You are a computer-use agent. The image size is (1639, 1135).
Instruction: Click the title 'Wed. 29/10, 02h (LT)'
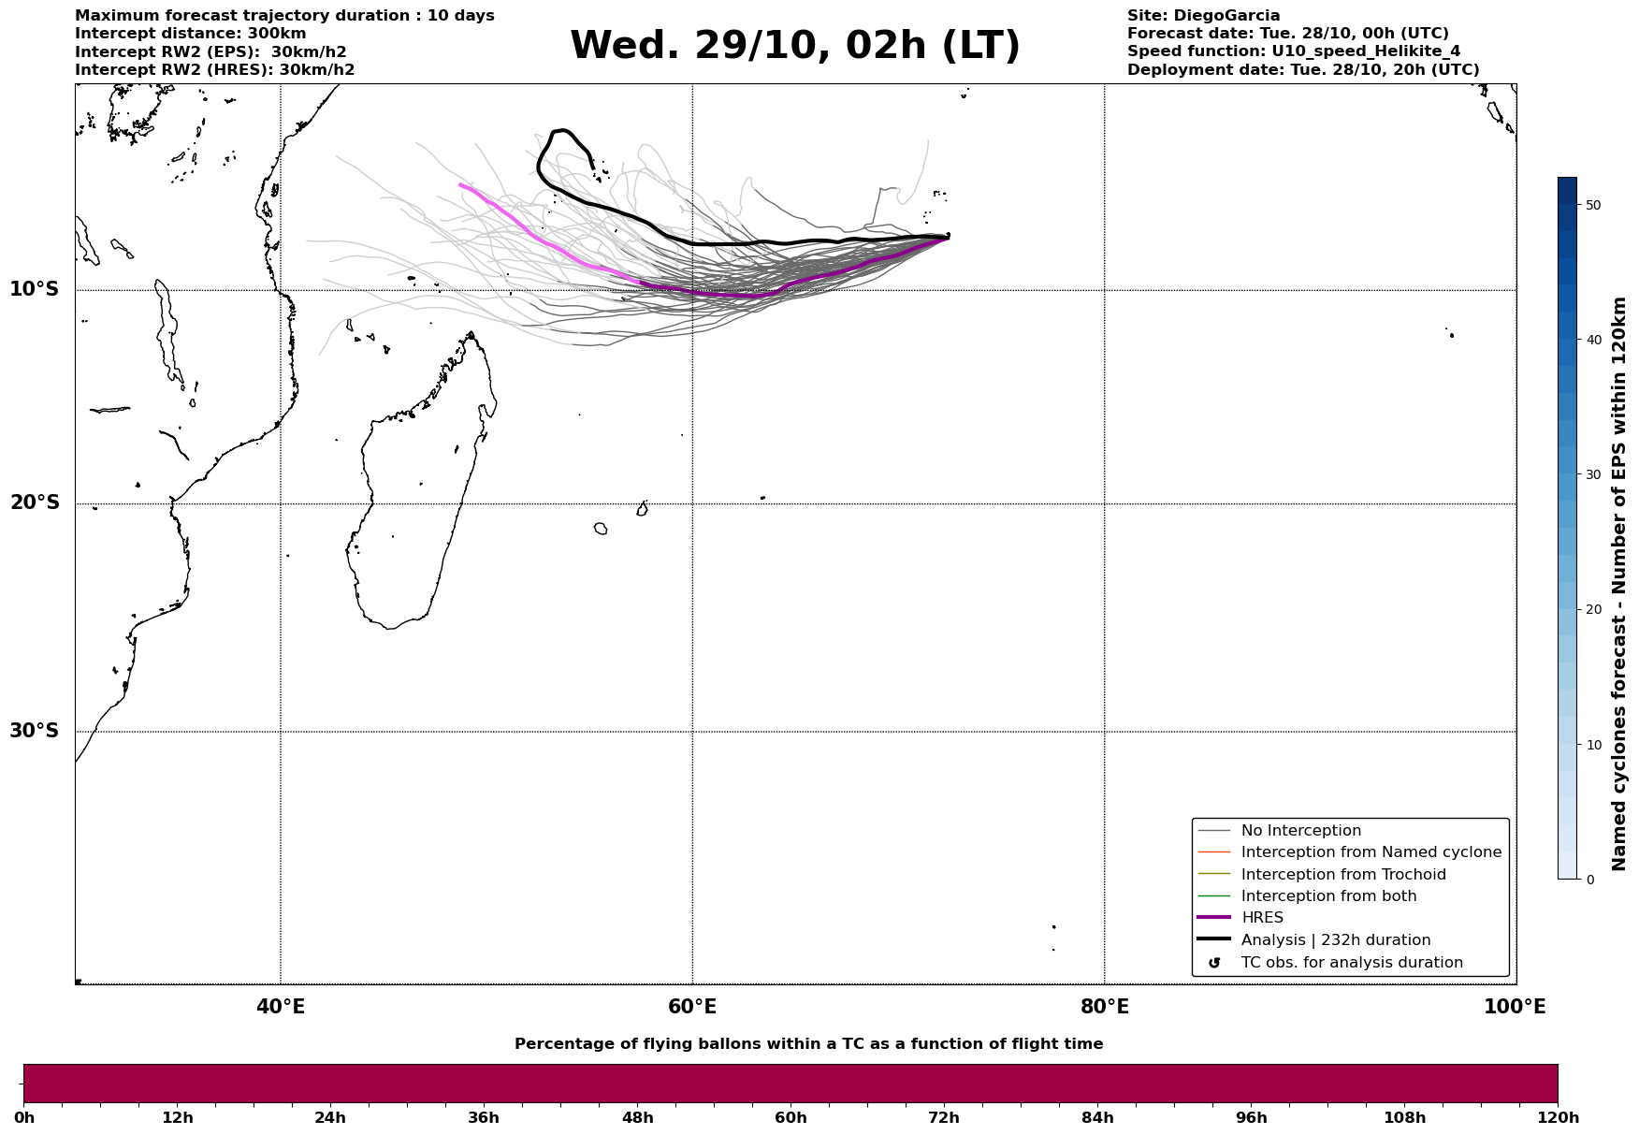point(794,46)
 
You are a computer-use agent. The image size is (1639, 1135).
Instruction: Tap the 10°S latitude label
point(35,289)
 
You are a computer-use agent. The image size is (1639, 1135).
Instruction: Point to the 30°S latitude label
point(35,731)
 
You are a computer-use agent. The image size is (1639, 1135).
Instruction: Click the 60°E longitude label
point(692,1007)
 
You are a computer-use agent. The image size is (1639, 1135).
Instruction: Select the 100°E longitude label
point(1515,1007)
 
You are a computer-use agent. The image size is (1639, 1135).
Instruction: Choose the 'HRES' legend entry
point(1262,918)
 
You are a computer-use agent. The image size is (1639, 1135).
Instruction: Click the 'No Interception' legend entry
point(1300,831)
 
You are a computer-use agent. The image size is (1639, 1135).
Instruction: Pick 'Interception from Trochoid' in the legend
point(1342,875)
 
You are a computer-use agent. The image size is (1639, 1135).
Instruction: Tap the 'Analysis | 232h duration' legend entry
point(1335,940)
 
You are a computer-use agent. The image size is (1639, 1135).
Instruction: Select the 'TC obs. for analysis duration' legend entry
point(1351,963)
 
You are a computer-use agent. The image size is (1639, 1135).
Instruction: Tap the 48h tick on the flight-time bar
point(638,1118)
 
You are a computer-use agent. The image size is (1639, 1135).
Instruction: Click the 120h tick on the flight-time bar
point(1558,1118)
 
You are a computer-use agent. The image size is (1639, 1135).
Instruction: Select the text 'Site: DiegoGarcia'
point(1203,16)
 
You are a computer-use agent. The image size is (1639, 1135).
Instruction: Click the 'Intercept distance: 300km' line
point(190,34)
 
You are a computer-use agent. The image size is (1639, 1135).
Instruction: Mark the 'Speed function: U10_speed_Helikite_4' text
point(1293,51)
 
